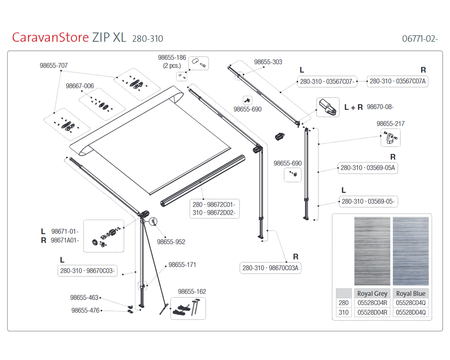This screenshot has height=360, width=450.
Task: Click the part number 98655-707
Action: tap(54, 66)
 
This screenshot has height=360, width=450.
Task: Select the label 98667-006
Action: tap(80, 86)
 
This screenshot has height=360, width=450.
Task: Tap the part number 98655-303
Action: tap(268, 62)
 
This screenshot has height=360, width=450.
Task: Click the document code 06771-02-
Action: tap(420, 38)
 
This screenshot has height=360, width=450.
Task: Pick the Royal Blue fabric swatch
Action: tap(411, 251)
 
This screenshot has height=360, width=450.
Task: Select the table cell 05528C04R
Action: tap(372, 303)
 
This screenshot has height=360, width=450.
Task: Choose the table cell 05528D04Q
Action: tap(411, 312)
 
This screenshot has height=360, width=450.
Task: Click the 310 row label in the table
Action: tap(343, 312)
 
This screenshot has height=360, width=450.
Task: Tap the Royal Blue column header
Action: tap(411, 293)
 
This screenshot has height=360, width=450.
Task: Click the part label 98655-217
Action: tap(390, 123)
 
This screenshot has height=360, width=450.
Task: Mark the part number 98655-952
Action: tap(171, 242)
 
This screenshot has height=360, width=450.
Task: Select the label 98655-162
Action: tap(192, 292)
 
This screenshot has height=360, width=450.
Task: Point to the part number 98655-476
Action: tap(85, 310)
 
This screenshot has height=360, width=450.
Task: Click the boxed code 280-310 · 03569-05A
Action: tap(368, 168)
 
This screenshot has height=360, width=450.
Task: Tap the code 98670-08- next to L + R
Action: tap(380, 107)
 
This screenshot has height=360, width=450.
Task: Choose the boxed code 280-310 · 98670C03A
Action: tap(271, 268)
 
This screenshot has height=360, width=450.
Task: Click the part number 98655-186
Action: tap(172, 58)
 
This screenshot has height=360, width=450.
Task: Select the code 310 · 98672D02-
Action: tap(214, 212)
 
